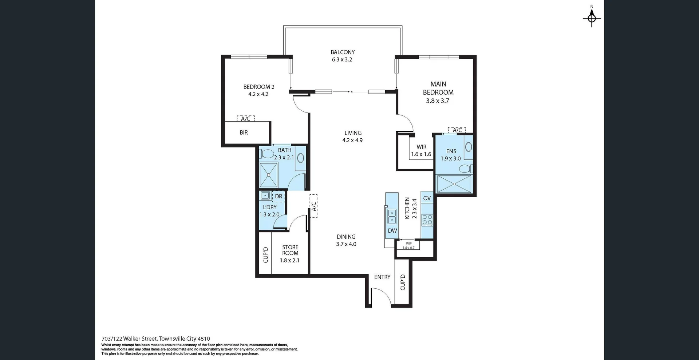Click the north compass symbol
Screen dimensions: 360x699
592,17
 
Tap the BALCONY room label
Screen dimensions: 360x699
343,52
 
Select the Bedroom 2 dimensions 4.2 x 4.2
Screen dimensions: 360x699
258,94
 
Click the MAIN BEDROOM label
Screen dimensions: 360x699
438,88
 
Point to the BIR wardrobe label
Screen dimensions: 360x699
244,133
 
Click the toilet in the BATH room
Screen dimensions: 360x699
267,154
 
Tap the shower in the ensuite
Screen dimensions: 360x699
454,184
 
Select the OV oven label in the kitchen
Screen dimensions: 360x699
427,198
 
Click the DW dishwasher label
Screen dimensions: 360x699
392,231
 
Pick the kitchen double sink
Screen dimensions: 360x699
392,216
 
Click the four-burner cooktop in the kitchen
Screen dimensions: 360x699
427,219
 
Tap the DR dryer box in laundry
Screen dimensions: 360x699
279,197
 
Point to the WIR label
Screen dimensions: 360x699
422,147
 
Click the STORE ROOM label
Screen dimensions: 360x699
290,250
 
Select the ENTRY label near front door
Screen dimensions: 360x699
382,277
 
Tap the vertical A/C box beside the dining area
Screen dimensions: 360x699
313,206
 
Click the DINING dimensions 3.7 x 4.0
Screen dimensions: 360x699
346,244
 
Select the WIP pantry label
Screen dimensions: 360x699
408,244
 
